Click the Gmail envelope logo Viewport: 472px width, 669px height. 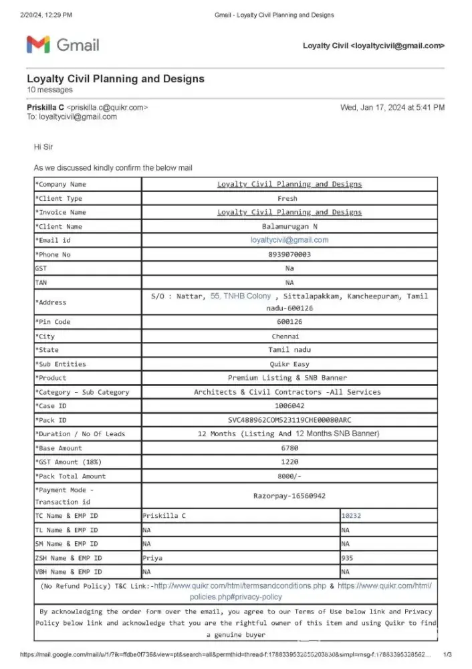[x=38, y=45]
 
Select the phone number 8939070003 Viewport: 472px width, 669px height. [x=289, y=255]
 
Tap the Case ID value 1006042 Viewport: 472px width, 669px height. [x=289, y=405]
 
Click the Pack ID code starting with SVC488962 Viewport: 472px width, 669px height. [x=289, y=419]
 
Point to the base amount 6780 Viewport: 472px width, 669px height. [x=289, y=448]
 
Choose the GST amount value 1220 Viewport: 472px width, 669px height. [x=289, y=462]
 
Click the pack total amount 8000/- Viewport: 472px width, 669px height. [x=289, y=476]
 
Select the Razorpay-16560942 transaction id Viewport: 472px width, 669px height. [x=289, y=496]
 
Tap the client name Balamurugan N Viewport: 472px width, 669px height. [x=289, y=227]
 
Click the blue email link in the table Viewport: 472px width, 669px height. [x=289, y=240]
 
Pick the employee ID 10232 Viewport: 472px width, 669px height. [x=351, y=516]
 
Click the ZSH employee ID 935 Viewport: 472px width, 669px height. [x=347, y=558]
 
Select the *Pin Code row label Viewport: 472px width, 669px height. [x=53, y=322]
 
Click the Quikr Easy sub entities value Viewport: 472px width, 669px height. [x=289, y=364]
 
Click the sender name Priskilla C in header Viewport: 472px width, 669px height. [x=45, y=107]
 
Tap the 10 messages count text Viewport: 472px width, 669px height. [x=50, y=90]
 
